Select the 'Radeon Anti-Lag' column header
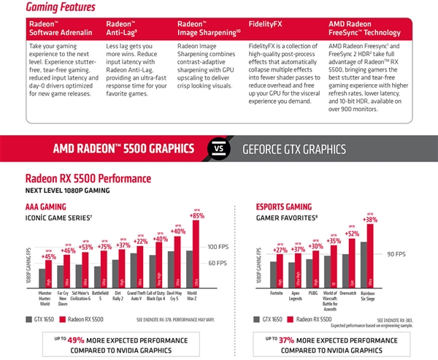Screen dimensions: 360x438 click(x=127, y=28)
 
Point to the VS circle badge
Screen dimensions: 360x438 click(x=218, y=149)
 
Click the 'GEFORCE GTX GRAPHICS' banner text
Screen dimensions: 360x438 click(x=294, y=149)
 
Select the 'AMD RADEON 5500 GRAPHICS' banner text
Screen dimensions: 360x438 click(x=123, y=149)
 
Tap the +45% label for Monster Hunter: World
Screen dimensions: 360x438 click(x=49, y=256)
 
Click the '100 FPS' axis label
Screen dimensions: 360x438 click(x=220, y=247)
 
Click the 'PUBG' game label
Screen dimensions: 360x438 click(x=315, y=294)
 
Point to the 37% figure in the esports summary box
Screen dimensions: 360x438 click(x=285, y=340)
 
